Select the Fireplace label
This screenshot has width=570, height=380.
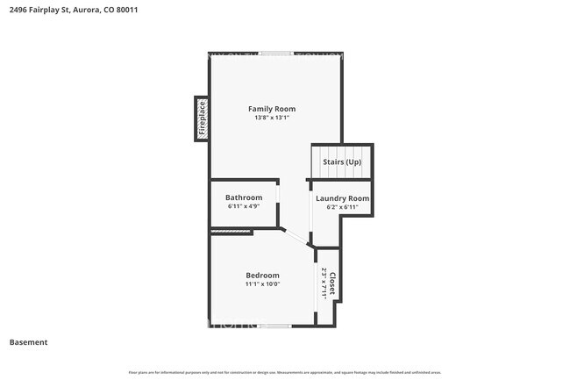point(201,118)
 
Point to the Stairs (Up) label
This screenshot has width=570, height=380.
point(342,162)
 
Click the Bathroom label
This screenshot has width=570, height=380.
point(244,197)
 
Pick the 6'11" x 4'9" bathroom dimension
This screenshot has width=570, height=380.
point(244,207)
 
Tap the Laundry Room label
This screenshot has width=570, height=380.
point(342,198)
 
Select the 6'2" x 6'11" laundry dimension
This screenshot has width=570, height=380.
point(342,208)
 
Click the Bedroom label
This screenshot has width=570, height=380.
point(262,276)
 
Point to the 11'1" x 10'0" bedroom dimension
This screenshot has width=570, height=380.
point(262,284)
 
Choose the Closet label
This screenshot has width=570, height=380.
point(333,283)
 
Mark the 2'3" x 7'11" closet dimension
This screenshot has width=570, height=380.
point(324,283)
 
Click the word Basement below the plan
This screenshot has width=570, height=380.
point(28,342)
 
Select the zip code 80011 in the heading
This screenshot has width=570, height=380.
point(126,10)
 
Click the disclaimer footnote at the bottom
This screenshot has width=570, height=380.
point(285,372)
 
